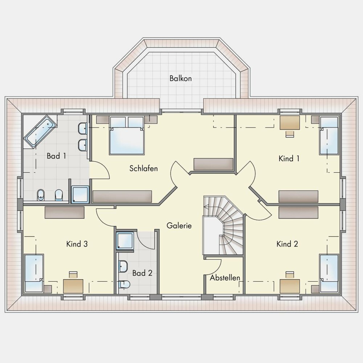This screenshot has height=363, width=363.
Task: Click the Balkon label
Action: (180, 78)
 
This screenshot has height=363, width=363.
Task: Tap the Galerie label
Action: (179, 225)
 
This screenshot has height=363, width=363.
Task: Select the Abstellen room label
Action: (225, 278)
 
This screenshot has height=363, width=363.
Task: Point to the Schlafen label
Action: (143, 168)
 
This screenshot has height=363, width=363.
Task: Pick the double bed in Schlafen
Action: (127, 135)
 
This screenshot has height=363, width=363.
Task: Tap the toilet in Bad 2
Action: (124, 284)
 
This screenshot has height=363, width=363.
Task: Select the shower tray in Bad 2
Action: (125, 241)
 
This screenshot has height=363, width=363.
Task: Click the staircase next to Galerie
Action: (223, 226)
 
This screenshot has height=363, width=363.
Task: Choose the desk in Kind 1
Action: (290, 123)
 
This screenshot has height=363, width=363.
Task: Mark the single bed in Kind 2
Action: (329, 273)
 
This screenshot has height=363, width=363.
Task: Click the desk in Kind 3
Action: (73, 286)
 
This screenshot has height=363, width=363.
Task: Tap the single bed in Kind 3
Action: (34, 273)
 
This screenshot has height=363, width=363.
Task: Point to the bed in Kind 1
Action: (329, 136)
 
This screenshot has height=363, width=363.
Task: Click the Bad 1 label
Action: (56, 156)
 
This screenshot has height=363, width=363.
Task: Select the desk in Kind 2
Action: (290, 286)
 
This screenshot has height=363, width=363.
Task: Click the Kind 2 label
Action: (287, 244)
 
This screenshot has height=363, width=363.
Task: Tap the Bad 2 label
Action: (142, 273)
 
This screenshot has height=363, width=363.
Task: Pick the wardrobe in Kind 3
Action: (65, 212)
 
